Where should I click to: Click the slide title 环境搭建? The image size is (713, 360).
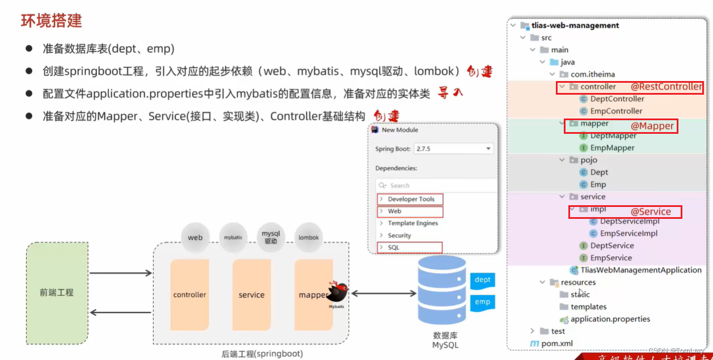click(x=52, y=21)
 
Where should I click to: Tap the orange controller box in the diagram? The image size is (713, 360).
click(x=189, y=295)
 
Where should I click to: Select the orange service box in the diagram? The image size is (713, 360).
click(x=251, y=295)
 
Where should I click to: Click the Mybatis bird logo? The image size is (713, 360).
click(x=338, y=293)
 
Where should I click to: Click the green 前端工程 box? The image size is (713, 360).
click(x=57, y=293)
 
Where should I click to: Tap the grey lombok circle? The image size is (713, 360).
click(x=309, y=238)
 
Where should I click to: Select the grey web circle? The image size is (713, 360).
click(x=195, y=238)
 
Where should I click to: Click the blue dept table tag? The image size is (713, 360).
click(x=482, y=279)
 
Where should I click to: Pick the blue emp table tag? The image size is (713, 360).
click(x=482, y=302)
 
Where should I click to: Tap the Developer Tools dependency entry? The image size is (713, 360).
click(x=411, y=199)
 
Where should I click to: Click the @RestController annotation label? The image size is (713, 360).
click(x=666, y=87)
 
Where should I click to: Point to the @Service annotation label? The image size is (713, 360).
click(x=651, y=211)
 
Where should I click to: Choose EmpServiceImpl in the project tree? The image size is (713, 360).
click(x=628, y=233)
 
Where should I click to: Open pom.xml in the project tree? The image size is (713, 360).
click(x=558, y=343)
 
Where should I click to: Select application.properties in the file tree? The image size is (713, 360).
click(x=610, y=319)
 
